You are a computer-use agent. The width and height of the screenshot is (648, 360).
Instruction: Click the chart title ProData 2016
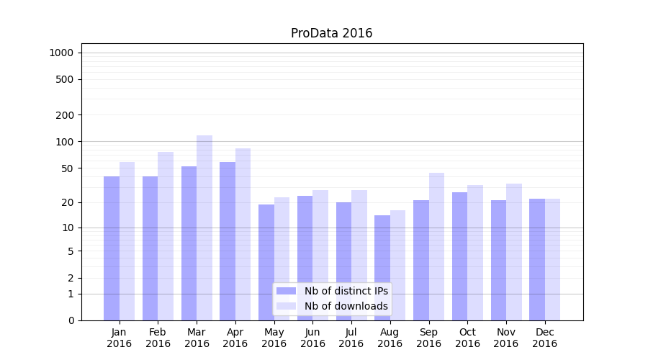(331, 33)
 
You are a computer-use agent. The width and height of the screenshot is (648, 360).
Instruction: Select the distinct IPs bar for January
(112, 248)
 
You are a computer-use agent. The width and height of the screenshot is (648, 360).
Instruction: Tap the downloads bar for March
(204, 228)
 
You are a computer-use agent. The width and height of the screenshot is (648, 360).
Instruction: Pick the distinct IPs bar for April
(228, 240)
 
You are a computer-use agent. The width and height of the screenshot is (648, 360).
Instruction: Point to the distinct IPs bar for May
(266, 262)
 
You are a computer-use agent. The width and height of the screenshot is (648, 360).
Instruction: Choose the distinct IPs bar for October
(459, 256)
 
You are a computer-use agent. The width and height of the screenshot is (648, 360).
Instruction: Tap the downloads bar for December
(552, 259)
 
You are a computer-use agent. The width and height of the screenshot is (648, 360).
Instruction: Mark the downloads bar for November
(514, 251)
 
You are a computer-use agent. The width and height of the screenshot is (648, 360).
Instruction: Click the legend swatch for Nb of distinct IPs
(287, 291)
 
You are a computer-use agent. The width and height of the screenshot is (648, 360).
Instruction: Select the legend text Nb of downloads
(346, 306)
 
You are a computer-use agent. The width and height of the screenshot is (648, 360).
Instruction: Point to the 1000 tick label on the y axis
(61, 53)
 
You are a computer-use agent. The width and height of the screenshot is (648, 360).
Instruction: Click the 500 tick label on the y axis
(65, 79)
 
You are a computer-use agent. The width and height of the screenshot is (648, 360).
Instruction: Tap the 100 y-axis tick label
(65, 142)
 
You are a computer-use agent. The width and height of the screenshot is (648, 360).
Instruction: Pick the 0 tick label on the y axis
(71, 320)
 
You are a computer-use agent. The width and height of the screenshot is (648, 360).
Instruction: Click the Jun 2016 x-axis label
(312, 338)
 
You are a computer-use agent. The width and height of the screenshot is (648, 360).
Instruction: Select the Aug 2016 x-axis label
(390, 338)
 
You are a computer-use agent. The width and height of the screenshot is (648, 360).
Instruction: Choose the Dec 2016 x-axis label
(544, 338)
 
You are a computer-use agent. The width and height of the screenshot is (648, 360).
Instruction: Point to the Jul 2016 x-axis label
(351, 338)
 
